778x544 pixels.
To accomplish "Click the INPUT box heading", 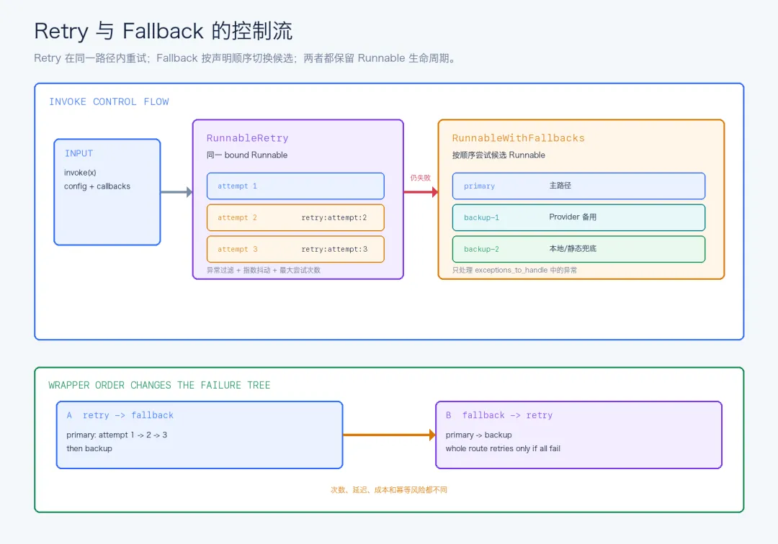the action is pyautogui.click(x=79, y=153).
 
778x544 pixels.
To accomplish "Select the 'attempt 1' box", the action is pyautogui.click(x=295, y=186).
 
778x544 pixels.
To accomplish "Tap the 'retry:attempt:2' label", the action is pyautogui.click(x=334, y=217).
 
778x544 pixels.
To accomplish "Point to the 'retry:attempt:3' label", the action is pyautogui.click(x=334, y=249).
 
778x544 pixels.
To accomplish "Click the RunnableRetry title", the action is pyautogui.click(x=247, y=138).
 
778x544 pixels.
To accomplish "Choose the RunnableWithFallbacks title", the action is pyautogui.click(x=518, y=138).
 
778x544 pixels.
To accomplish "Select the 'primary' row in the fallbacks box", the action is pyautogui.click(x=578, y=186).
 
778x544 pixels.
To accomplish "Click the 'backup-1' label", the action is pyautogui.click(x=481, y=217).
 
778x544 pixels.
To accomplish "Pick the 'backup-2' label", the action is pyautogui.click(x=481, y=249).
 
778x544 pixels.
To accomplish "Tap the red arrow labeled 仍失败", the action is pyautogui.click(x=421, y=191).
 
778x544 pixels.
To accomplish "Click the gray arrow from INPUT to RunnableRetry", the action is pyautogui.click(x=176, y=191).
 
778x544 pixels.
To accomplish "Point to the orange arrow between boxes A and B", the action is pyautogui.click(x=390, y=435).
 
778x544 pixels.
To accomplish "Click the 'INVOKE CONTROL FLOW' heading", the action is pyautogui.click(x=109, y=101).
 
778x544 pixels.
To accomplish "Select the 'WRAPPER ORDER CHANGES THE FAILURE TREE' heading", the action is pyautogui.click(x=159, y=385).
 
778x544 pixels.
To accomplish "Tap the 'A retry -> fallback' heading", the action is pyautogui.click(x=120, y=415).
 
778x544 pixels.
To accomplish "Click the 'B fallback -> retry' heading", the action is pyautogui.click(x=498, y=415).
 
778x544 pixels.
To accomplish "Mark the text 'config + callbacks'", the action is pyautogui.click(x=97, y=186).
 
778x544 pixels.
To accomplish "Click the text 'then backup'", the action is pyautogui.click(x=89, y=448).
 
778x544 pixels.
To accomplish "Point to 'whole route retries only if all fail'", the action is pyautogui.click(x=503, y=448).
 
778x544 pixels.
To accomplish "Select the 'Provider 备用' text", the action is pyautogui.click(x=573, y=217).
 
